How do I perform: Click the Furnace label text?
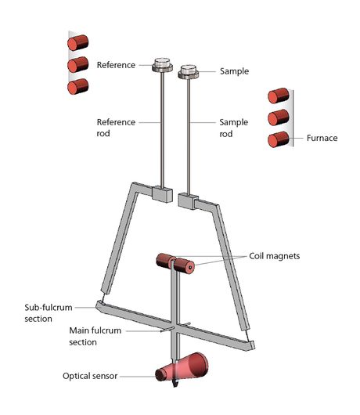[x=322, y=138]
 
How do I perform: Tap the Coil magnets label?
[x=274, y=256]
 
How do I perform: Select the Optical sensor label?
[x=90, y=376]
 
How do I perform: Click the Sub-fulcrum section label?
[x=49, y=313]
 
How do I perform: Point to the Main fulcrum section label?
[x=95, y=336]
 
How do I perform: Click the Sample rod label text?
[x=234, y=128]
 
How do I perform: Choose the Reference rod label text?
[x=116, y=128]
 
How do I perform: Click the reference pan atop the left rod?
[x=162, y=65]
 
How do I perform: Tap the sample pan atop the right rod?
[x=188, y=72]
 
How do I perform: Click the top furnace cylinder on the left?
[x=77, y=42]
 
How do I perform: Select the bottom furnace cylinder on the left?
[x=77, y=87]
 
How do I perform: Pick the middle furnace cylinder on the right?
[x=279, y=117]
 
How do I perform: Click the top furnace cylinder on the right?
[x=279, y=96]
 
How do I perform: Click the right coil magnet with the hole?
[x=185, y=266]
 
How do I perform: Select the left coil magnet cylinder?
[x=165, y=261]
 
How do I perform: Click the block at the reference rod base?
[x=162, y=194]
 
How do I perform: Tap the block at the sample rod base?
[x=188, y=201]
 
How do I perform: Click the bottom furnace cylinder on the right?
[x=279, y=139]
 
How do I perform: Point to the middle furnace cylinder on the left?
[x=77, y=64]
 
